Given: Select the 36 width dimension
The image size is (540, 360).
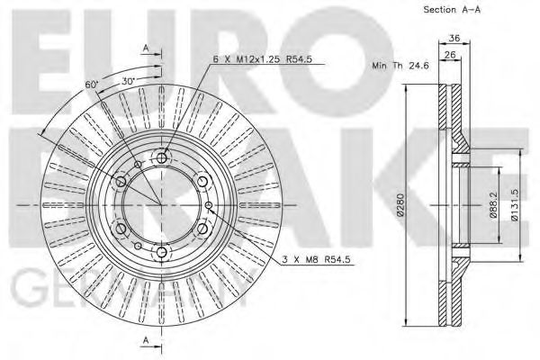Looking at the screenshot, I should pyautogui.click(x=454, y=38).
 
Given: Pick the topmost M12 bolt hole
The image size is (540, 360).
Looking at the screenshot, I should pyautogui.click(x=162, y=158).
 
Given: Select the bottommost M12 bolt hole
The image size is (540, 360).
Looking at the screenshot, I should pyautogui.click(x=162, y=254).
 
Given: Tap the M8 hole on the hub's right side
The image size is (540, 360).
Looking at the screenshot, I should pyautogui.click(x=211, y=206).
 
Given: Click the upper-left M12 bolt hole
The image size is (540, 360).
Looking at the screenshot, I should pyautogui.click(x=121, y=182).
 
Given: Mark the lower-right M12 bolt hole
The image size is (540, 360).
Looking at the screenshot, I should pyautogui.click(x=203, y=229).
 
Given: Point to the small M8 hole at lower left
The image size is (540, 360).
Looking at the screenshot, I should pyautogui.click(x=138, y=247).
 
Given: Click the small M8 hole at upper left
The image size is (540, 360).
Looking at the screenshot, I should pyautogui.click(x=138, y=165).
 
